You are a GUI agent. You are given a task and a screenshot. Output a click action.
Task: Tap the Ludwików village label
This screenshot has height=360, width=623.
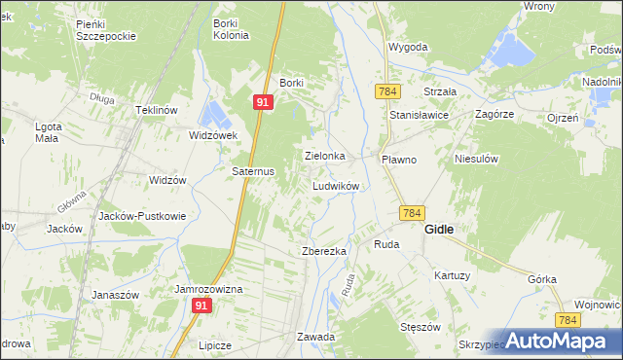337,185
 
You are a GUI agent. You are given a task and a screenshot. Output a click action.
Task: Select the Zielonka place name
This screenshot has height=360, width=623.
325,156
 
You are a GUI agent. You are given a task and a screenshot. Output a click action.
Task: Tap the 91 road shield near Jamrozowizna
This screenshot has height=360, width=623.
202,306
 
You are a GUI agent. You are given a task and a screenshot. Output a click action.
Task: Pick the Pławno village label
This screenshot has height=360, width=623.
398,159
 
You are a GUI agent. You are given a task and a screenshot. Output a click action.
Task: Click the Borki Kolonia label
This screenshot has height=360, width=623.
232,27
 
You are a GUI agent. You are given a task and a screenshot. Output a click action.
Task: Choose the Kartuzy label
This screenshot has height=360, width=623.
453,275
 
